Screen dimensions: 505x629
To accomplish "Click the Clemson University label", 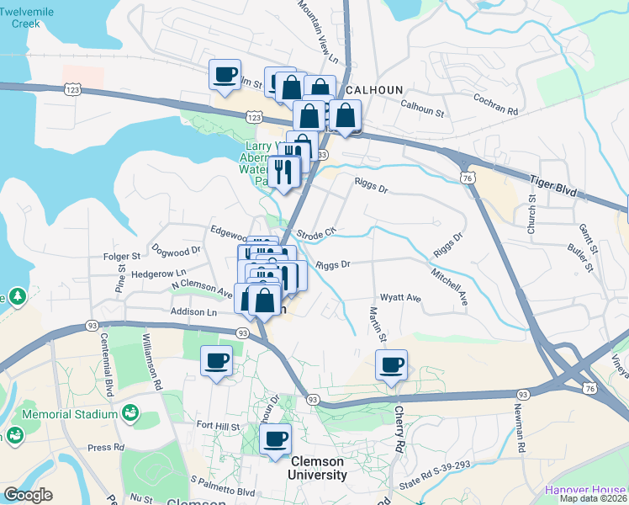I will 319,468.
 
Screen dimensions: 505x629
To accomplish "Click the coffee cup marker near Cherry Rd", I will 391,365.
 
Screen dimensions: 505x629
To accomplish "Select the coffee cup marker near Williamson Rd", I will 217,362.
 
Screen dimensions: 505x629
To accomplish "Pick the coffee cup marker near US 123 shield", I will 225,74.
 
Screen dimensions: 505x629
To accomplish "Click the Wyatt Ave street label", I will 400,298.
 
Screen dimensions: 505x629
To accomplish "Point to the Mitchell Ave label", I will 449,286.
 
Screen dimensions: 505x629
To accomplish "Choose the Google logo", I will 28,495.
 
